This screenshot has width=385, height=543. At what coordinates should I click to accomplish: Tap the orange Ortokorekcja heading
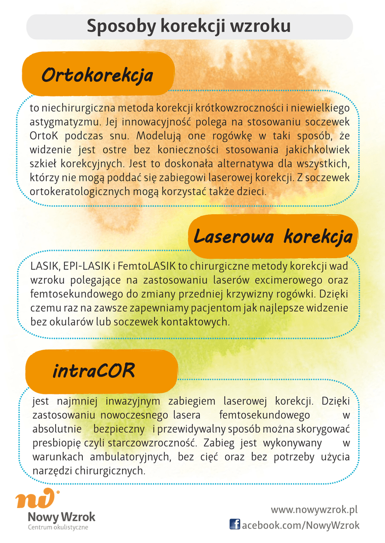click(x=97, y=75)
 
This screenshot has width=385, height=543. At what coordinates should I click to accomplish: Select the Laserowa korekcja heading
click(x=272, y=237)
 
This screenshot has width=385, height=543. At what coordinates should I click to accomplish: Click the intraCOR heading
click(x=93, y=371)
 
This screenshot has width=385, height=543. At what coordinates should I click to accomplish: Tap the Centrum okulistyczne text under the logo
click(x=58, y=528)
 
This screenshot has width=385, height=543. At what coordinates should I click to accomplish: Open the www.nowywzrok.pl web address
click(x=314, y=510)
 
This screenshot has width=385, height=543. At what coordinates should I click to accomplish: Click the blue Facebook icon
click(x=234, y=524)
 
